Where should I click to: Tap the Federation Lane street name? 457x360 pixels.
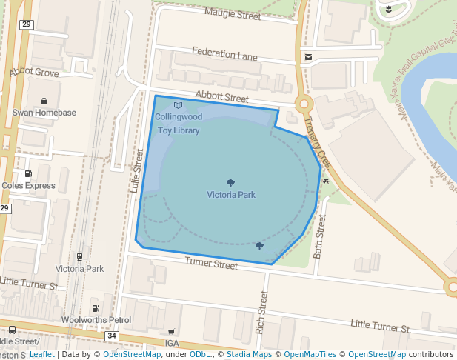pyautogui.click(x=224, y=53)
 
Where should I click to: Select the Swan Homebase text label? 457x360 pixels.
pyautogui.click(x=44, y=113)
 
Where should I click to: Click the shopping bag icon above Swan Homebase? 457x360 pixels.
pyautogui.click(x=44, y=100)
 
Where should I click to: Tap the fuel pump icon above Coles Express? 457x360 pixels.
pyautogui.click(x=29, y=173)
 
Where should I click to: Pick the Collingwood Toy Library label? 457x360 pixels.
pyautogui.click(x=178, y=124)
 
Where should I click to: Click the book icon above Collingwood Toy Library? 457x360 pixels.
pyautogui.click(x=177, y=106)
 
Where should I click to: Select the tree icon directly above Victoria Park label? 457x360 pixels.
pyautogui.click(x=231, y=183)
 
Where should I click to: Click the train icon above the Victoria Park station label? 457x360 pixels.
pyautogui.click(x=80, y=257)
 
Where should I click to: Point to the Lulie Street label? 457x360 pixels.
pyautogui.click(x=136, y=171)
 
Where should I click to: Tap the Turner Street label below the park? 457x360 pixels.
pyautogui.click(x=211, y=263)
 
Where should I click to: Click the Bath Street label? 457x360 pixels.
pyautogui.click(x=319, y=236)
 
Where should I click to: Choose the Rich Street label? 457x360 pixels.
pyautogui.click(x=261, y=311)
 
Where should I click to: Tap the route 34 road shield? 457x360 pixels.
pyautogui.click(x=112, y=336)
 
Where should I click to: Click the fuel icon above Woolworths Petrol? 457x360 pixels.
pyautogui.click(x=95, y=308)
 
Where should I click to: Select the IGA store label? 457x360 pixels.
pyautogui.click(x=172, y=343)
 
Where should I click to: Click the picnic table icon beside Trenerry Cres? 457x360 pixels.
pyautogui.click(x=326, y=181)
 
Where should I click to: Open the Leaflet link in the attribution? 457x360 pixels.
pyautogui.click(x=41, y=354)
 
